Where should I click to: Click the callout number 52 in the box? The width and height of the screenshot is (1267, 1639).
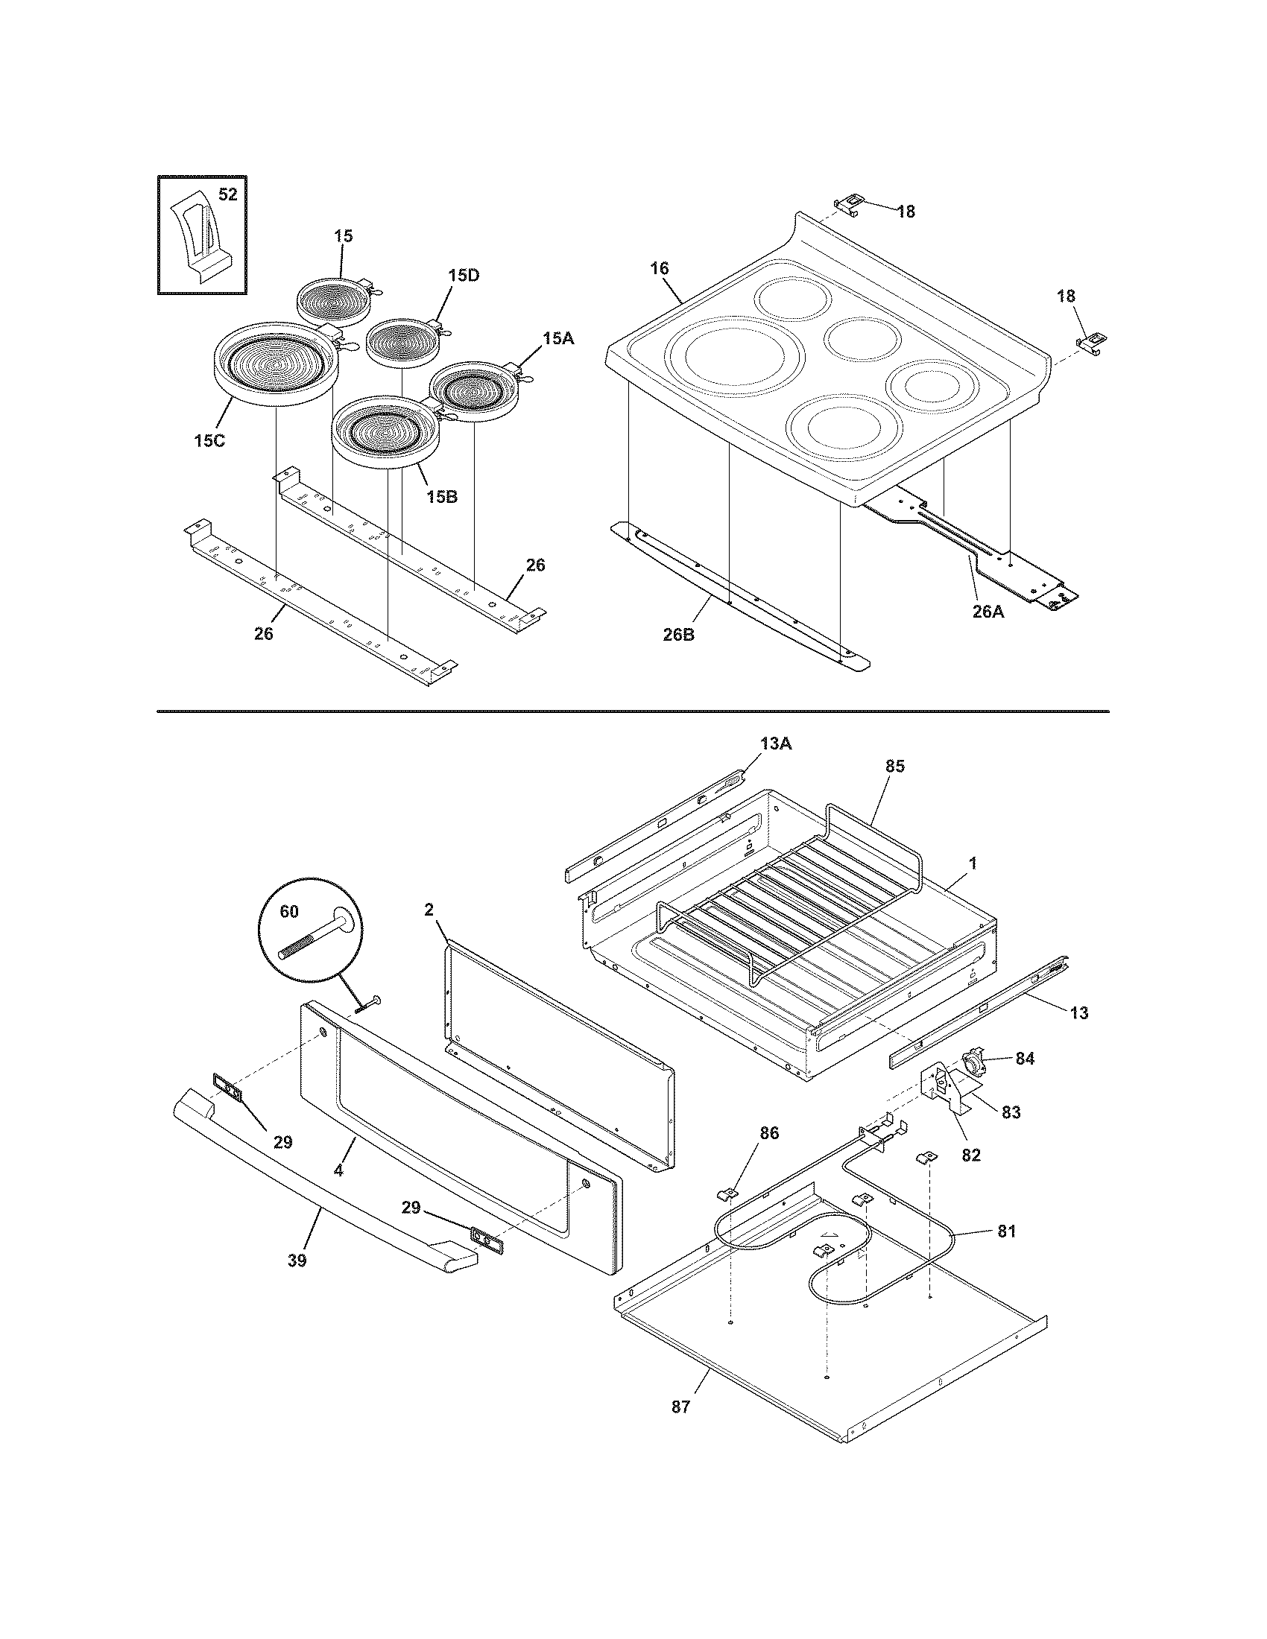pyautogui.click(x=227, y=195)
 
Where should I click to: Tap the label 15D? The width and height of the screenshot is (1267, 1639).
pyautogui.click(x=463, y=276)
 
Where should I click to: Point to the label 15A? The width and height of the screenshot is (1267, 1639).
pyautogui.click(x=557, y=338)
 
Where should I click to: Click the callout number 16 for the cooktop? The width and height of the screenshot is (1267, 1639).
pyautogui.click(x=659, y=268)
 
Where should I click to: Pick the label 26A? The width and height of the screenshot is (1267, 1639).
pyautogui.click(x=988, y=612)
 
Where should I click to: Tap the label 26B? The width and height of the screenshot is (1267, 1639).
pyautogui.click(x=678, y=635)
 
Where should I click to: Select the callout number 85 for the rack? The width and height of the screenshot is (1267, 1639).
pyautogui.click(x=894, y=766)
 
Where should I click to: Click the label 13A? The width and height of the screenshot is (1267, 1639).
pyautogui.click(x=775, y=744)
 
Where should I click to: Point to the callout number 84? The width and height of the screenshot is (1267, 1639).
pyautogui.click(x=1025, y=1059)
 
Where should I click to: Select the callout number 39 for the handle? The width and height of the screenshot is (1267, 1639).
pyautogui.click(x=297, y=1261)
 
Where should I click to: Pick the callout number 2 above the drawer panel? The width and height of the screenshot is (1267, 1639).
pyautogui.click(x=429, y=910)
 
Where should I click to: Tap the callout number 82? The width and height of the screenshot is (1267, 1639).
pyautogui.click(x=970, y=1155)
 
